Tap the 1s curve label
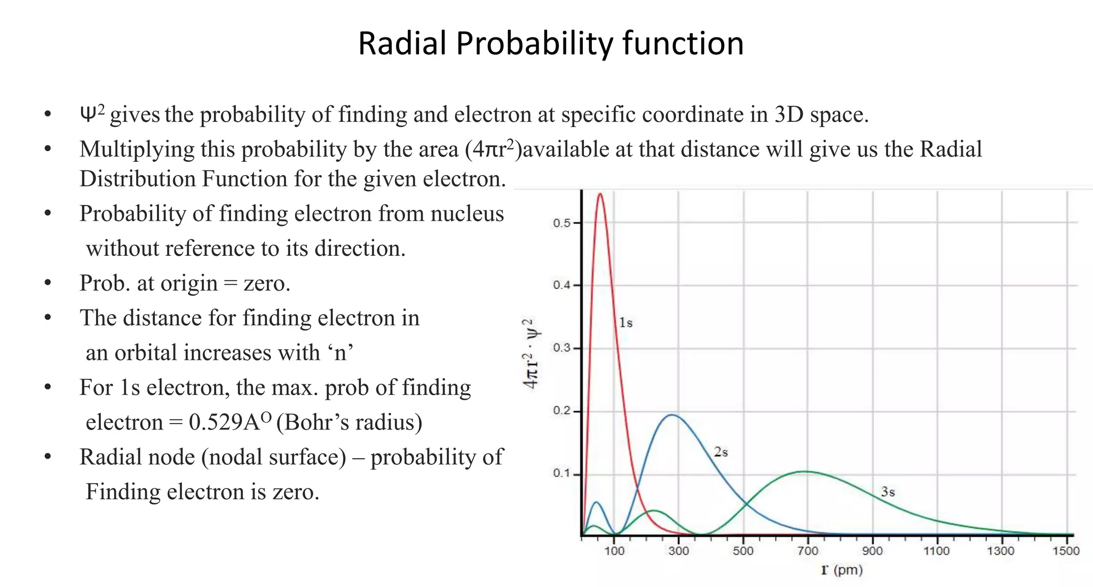(625, 323)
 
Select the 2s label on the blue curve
(720, 452)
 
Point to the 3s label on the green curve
(888, 492)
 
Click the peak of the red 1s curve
(600, 194)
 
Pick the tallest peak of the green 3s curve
(805, 472)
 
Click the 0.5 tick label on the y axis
(561, 223)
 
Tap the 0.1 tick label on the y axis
(561, 474)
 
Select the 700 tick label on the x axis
(807, 551)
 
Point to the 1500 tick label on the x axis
(1065, 551)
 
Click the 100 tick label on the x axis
(614, 551)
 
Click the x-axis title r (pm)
(842, 570)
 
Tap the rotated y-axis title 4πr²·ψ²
(531, 354)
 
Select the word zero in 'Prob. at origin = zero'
(266, 283)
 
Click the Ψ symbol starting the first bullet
(88, 114)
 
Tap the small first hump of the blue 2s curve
(597, 503)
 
